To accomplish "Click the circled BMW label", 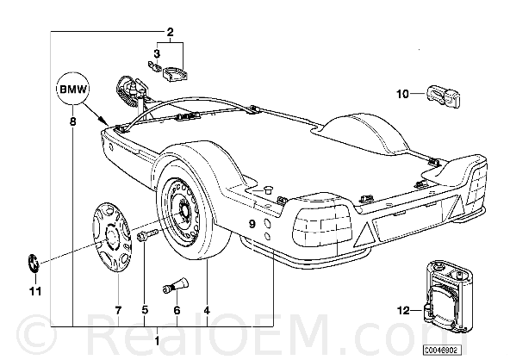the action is pyautogui.click(x=73, y=89).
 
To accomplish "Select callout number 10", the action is pyautogui.click(x=402, y=94).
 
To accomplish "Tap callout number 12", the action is pyautogui.click(x=403, y=311).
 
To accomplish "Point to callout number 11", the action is pyautogui.click(x=35, y=291).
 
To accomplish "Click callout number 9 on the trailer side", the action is pyautogui.click(x=252, y=224).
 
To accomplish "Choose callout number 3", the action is pyautogui.click(x=157, y=53).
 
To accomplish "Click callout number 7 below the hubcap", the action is pyautogui.click(x=118, y=310).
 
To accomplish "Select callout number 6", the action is pyautogui.click(x=177, y=310).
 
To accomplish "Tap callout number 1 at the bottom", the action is pyautogui.click(x=157, y=341).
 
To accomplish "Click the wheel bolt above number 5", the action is pyautogui.click(x=147, y=235).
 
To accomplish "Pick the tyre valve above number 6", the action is pyautogui.click(x=175, y=284).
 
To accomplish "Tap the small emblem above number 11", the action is pyautogui.click(x=33, y=262).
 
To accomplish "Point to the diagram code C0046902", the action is pyautogui.click(x=442, y=350).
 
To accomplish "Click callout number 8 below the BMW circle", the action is pyautogui.click(x=73, y=122).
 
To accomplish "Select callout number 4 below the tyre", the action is pyautogui.click(x=207, y=310).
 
